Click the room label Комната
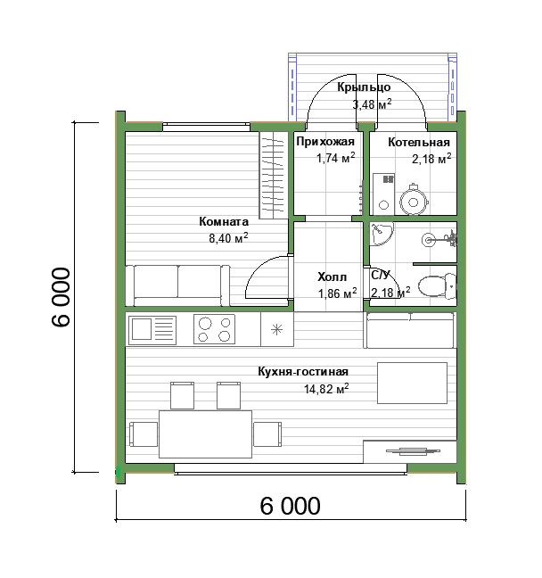[224, 221]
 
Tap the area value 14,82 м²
[326, 389]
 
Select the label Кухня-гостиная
[303, 371]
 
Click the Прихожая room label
[325, 142]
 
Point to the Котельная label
[419, 143]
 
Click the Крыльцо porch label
[364, 87]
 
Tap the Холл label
[332, 277]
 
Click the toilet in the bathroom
[438, 285]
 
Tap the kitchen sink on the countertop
[152, 329]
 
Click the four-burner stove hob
[215, 329]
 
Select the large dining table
[206, 433]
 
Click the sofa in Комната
[177, 285]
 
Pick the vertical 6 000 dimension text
[60, 297]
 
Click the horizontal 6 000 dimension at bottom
[291, 506]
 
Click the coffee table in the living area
[413, 383]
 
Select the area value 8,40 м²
[228, 238]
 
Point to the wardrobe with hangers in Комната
[273, 175]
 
